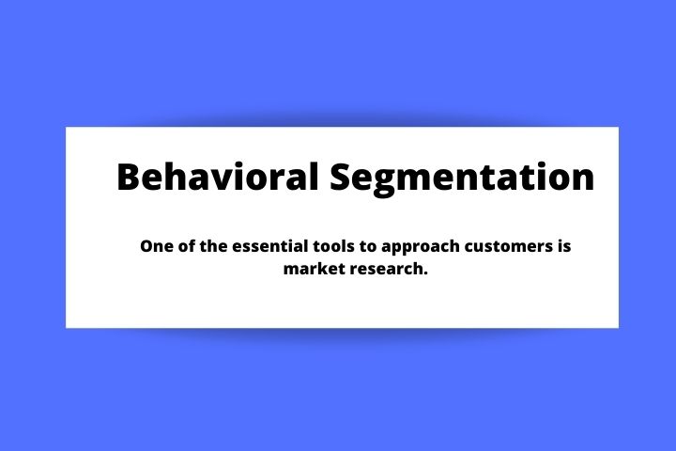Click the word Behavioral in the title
[x=218, y=177]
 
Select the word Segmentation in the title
[x=462, y=179]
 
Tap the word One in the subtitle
[x=156, y=246]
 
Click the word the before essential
[x=214, y=246]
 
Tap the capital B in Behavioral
[x=129, y=177]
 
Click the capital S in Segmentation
[x=341, y=177]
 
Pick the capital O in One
[x=147, y=246]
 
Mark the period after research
[x=425, y=273]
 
